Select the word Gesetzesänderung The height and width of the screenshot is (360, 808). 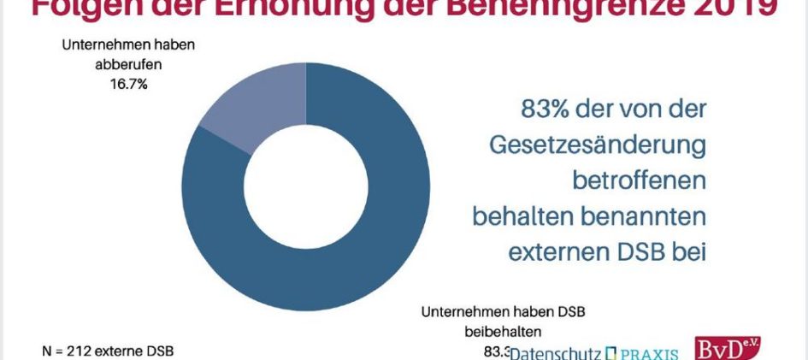coord(598,145)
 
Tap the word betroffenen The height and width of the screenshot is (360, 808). coord(639,181)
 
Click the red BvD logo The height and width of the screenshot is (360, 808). coord(728,349)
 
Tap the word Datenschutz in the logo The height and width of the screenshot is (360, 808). coord(556,352)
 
